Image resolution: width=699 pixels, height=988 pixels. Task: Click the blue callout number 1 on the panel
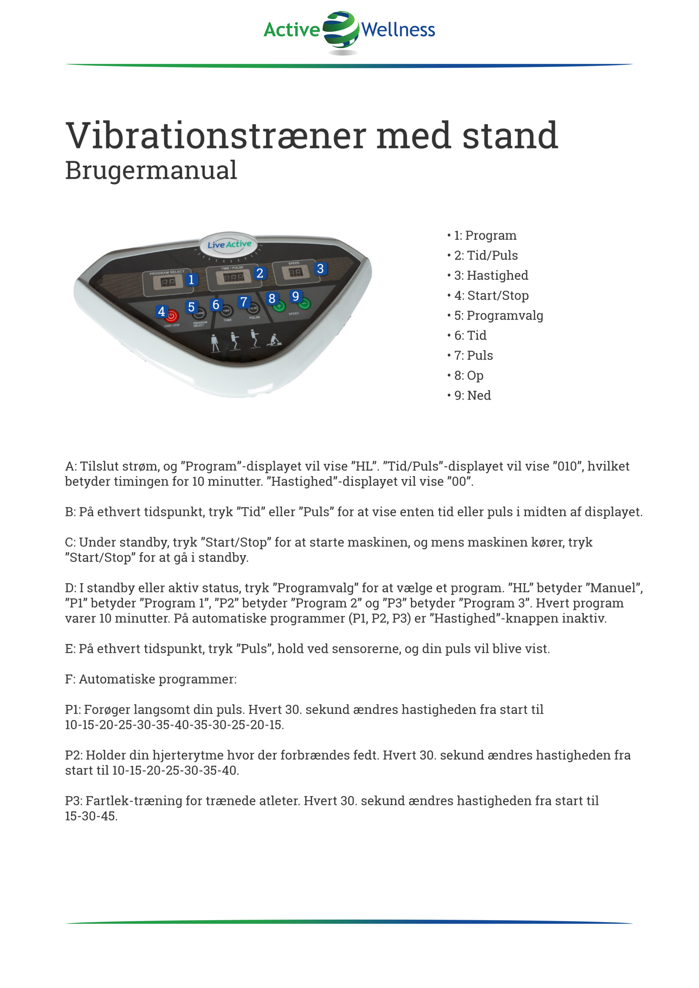click(191, 280)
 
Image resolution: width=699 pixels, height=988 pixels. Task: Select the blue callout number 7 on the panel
click(244, 302)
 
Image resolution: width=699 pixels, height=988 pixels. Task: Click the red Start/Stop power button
click(171, 316)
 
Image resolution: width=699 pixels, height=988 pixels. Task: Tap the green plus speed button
click(279, 306)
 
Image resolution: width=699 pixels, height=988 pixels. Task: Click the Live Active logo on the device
click(229, 244)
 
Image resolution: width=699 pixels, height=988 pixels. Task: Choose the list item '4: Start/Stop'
click(491, 296)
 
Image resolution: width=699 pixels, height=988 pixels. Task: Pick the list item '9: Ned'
click(472, 396)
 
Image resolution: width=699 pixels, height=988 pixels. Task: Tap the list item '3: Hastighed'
click(490, 276)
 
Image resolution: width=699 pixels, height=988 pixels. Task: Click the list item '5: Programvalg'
click(498, 315)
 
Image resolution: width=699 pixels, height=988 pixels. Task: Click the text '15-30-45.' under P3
click(91, 816)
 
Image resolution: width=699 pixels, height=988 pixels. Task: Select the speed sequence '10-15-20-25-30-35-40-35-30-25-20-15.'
click(175, 725)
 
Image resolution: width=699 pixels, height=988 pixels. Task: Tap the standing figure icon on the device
click(215, 343)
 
